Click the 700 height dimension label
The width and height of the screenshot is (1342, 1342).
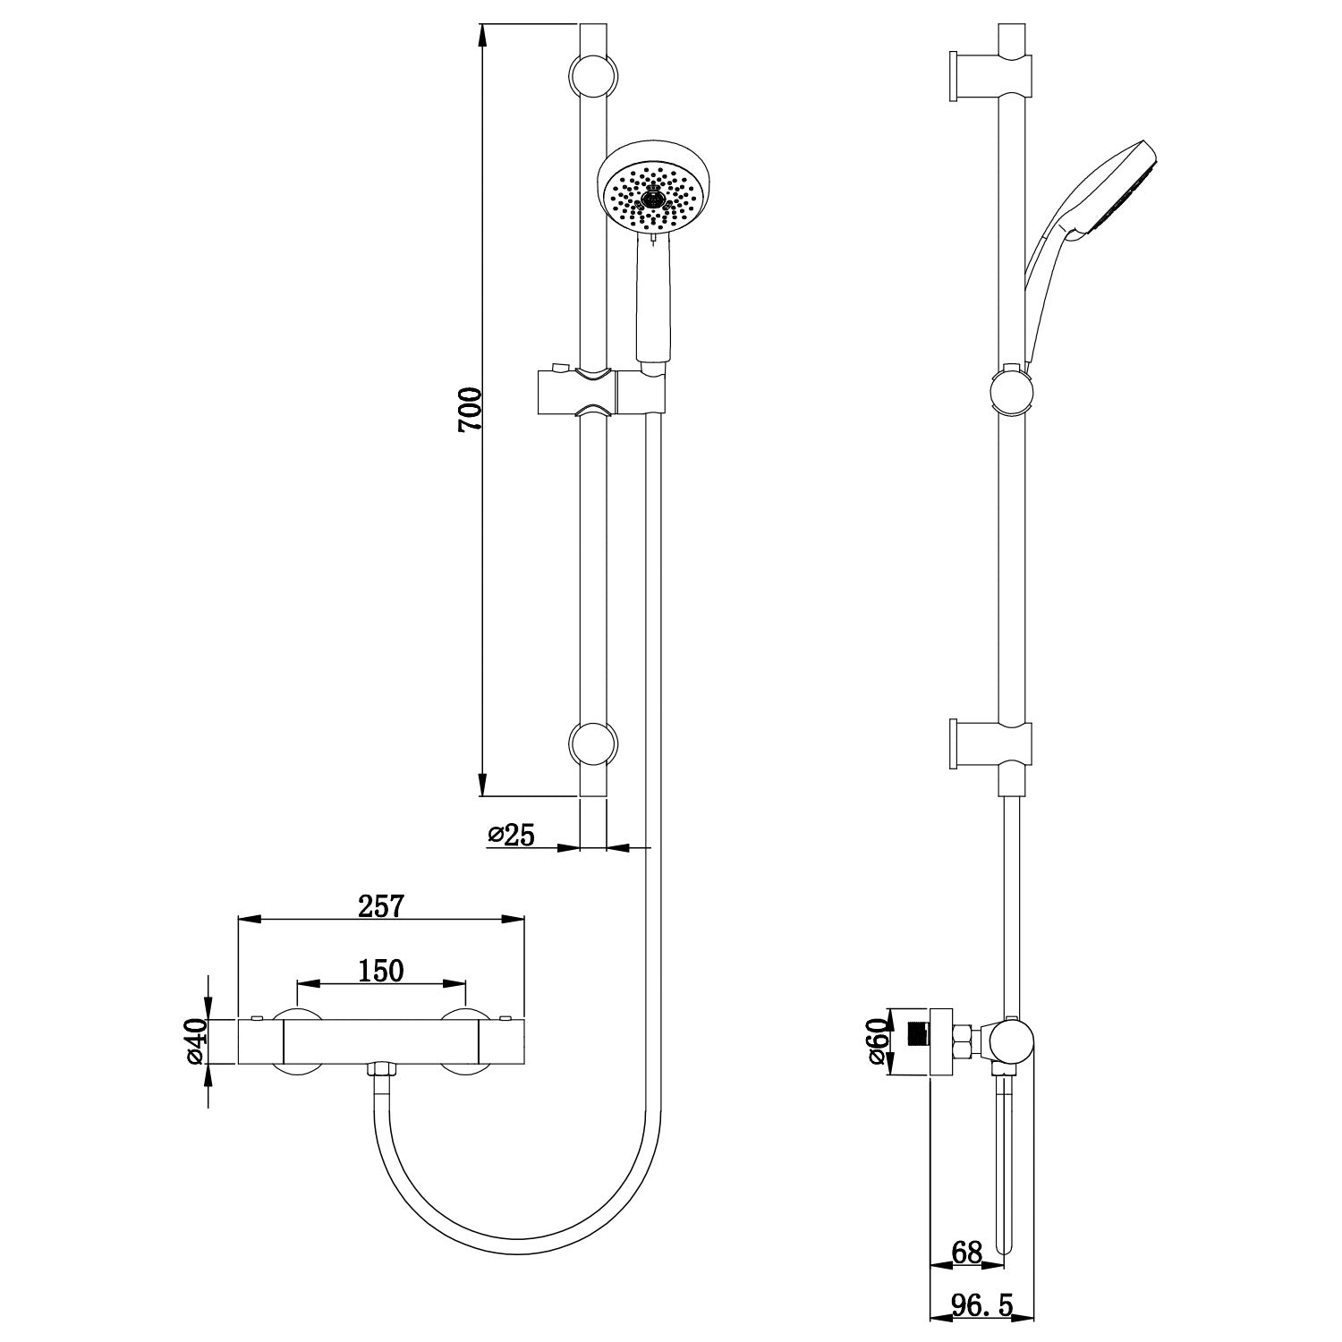470,410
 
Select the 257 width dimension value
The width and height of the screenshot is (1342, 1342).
382,905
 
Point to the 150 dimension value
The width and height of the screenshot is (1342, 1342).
381,970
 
